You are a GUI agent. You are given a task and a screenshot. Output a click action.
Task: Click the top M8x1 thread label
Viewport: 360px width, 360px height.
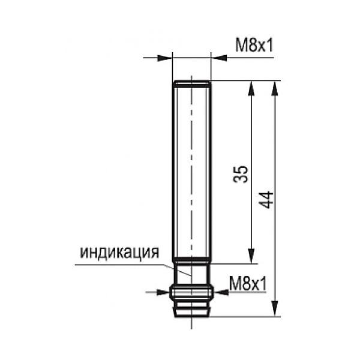pos(254,45)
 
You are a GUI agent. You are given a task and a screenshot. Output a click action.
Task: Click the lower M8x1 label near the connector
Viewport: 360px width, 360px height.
pos(248,284)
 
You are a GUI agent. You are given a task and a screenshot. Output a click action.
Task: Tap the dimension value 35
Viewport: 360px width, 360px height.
pos(241,174)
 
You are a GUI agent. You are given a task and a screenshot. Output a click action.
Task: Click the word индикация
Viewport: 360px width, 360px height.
pos(119,252)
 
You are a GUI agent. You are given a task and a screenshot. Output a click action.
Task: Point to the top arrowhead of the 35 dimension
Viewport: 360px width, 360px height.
pos(251,88)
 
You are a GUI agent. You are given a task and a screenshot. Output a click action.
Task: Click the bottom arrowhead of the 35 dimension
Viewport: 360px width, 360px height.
pos(251,256)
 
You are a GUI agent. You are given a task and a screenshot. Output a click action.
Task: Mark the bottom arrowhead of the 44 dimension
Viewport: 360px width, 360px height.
pos(275,309)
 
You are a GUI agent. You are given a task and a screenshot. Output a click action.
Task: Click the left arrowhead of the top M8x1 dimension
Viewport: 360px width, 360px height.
pos(164,58)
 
